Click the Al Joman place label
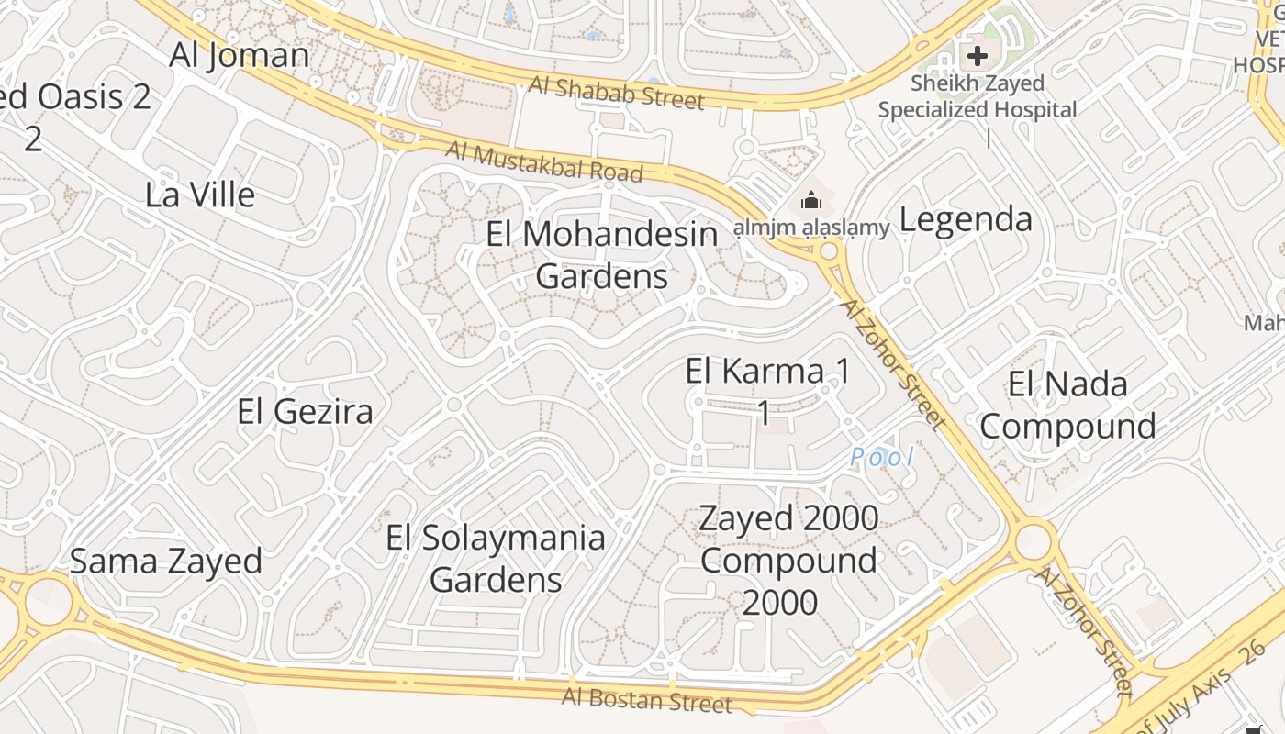(x=240, y=55)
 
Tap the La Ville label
(x=200, y=195)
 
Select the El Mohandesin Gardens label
(x=601, y=255)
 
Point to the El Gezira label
(x=305, y=411)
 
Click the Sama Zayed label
(x=166, y=561)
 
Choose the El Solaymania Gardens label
(x=496, y=559)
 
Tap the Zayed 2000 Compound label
(x=788, y=560)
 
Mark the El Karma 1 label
(x=767, y=391)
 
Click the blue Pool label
(x=881, y=456)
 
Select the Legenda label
(x=966, y=219)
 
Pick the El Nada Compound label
(x=1067, y=405)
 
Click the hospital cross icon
(x=978, y=55)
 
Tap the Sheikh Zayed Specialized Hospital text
(x=978, y=96)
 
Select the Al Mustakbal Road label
(x=544, y=161)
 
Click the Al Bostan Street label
(x=648, y=700)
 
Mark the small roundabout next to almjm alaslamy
(x=830, y=251)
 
